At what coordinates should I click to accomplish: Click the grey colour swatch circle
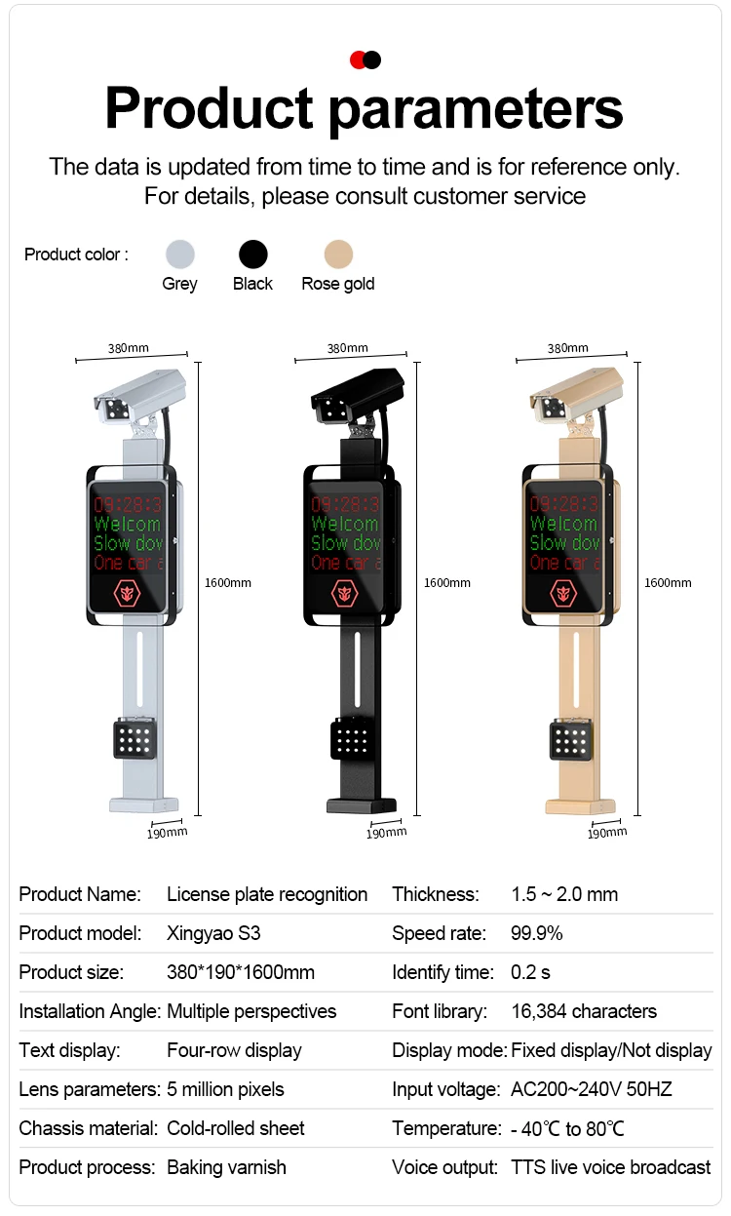[179, 255]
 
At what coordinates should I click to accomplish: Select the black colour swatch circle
[253, 255]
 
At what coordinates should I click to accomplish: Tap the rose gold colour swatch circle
[338, 255]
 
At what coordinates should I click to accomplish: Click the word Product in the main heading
[210, 108]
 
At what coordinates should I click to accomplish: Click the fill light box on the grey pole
[134, 738]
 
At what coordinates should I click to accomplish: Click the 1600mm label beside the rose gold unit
[668, 582]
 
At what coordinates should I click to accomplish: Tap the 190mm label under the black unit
[386, 833]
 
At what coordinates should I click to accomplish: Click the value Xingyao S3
[213, 933]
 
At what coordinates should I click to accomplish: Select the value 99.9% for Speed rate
[537, 933]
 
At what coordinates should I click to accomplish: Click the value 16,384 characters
[584, 1011]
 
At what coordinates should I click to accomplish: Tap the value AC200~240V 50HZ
[592, 1089]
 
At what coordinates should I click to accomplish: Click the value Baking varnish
[226, 1167]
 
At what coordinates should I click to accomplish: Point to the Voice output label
[444, 1167]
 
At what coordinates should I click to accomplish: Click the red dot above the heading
[358, 60]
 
